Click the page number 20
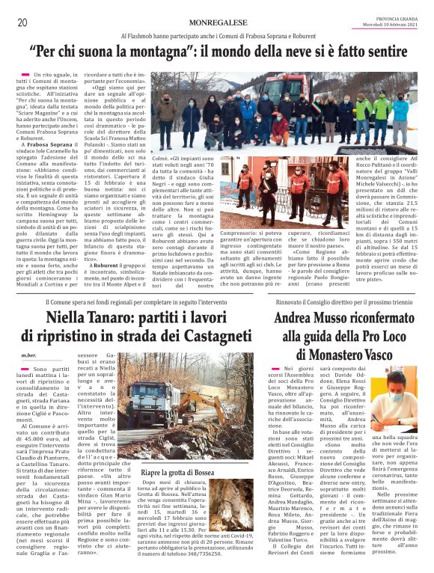click(22, 22)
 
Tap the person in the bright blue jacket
click(400, 112)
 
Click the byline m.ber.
click(29, 355)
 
